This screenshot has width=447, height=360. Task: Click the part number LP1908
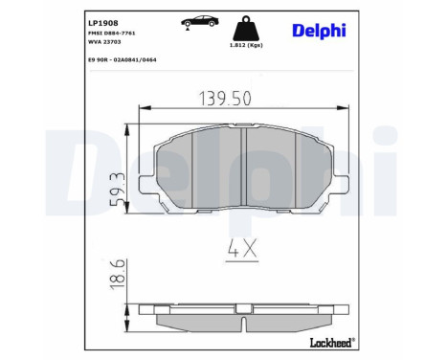point(103,23)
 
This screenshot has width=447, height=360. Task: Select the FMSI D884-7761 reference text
point(112,34)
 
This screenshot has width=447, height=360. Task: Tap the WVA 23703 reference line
point(104,42)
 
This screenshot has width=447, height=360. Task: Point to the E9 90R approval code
point(123,59)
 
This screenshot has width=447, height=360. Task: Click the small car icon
point(200,22)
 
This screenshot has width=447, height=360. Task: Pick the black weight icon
point(246,28)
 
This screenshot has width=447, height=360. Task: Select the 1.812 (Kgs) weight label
point(246,45)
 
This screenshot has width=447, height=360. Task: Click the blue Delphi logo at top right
point(319,31)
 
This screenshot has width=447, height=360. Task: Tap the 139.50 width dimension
point(225,99)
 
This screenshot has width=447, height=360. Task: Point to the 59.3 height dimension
point(117,190)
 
